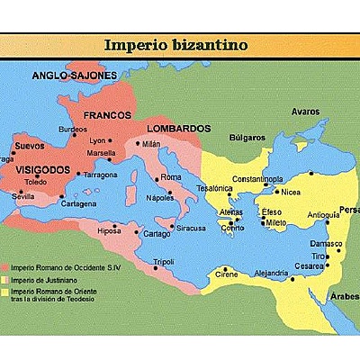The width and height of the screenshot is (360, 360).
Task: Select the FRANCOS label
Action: [x=107, y=116]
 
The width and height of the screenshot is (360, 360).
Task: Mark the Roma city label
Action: [x=171, y=177]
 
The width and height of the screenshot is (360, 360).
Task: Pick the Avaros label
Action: [x=306, y=112]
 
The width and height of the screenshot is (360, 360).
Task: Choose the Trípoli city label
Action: [x=165, y=261]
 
